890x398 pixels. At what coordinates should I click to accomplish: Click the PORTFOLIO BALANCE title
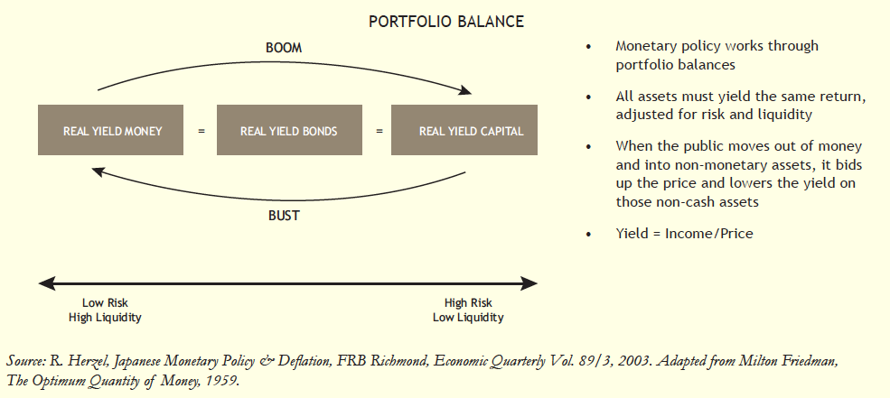tap(446, 21)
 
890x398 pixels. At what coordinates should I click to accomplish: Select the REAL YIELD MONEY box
tap(113, 131)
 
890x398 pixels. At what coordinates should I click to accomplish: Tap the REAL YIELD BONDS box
tap(289, 131)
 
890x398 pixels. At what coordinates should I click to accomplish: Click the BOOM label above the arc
tap(284, 47)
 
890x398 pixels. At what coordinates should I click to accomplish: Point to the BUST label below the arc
tap(284, 216)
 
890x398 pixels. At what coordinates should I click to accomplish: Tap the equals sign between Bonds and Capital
tap(379, 131)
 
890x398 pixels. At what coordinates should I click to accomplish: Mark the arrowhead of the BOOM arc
tap(467, 90)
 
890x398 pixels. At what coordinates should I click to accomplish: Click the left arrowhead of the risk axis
tap(43, 283)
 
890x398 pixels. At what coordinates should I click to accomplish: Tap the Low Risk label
tap(105, 303)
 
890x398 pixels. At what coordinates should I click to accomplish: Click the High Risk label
tap(467, 303)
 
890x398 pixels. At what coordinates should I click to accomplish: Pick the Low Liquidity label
tap(467, 318)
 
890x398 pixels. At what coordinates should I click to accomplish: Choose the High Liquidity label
tap(105, 318)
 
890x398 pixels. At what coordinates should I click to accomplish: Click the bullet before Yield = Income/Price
tap(590, 234)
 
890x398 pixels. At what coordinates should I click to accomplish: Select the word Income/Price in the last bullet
tap(708, 234)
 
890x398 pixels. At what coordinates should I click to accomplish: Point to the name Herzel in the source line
tap(80, 362)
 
